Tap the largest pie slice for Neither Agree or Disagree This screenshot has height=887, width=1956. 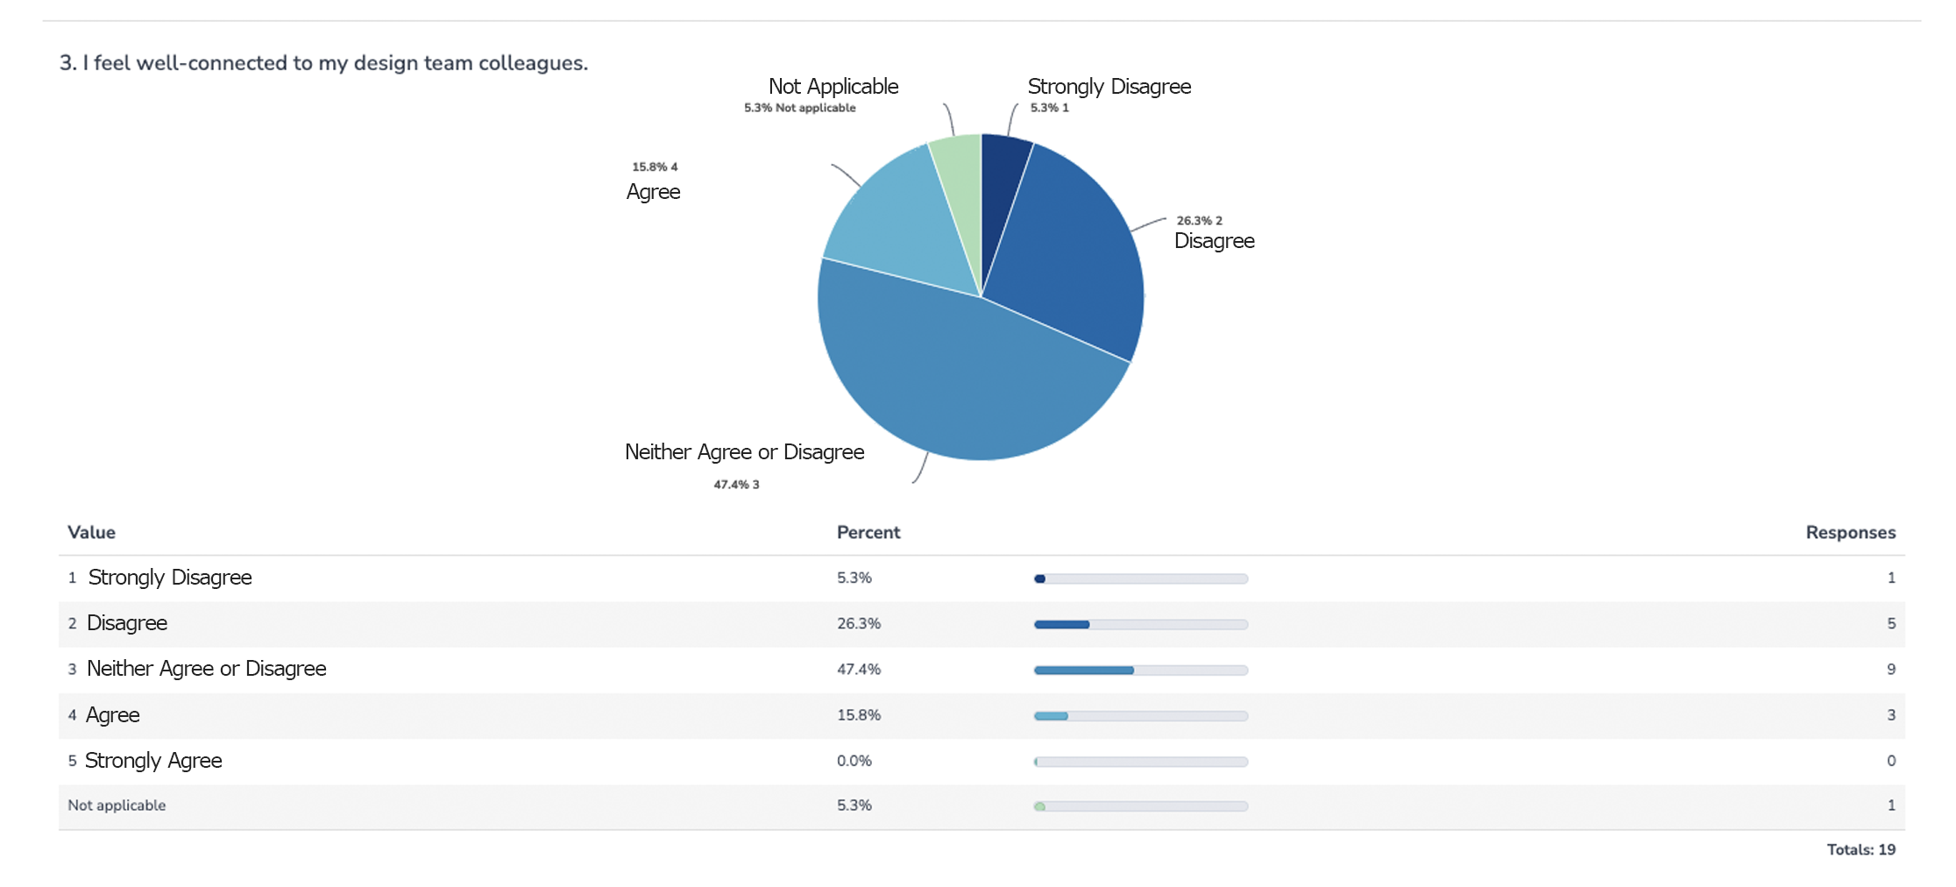[x=955, y=377]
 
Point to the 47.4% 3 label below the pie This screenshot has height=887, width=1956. [x=736, y=485]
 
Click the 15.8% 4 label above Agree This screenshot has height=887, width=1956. [x=655, y=167]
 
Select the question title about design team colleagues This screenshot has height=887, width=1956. [x=323, y=63]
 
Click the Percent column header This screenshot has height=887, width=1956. [x=868, y=533]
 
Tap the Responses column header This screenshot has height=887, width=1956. [x=1850, y=533]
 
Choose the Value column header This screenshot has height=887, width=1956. [x=91, y=533]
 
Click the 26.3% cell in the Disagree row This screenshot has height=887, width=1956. [x=858, y=624]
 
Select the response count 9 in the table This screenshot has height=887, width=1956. [x=1890, y=670]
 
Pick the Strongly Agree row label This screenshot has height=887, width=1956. [x=153, y=761]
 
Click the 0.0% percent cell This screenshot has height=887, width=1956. [x=854, y=761]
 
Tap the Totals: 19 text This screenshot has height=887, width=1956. [x=1860, y=849]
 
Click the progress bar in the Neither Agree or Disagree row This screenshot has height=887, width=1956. [x=1140, y=671]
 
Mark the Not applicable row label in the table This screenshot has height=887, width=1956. [x=117, y=805]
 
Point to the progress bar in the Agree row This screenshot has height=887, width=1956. [x=1140, y=716]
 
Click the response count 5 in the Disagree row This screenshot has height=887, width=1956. [x=1890, y=624]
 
